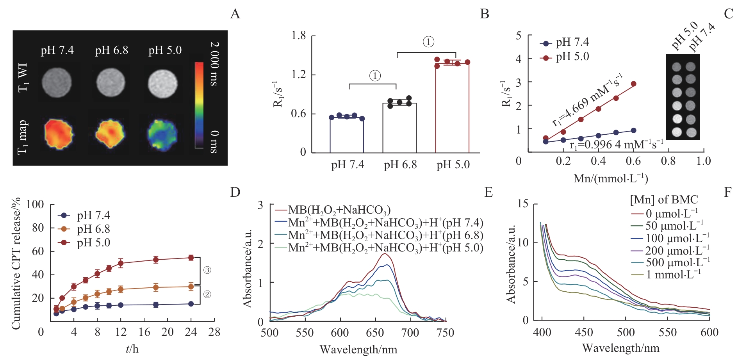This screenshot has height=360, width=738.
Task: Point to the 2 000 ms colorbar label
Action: pos(214,63)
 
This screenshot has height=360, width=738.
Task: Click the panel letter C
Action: pos(729,14)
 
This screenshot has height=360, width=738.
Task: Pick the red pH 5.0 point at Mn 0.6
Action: pos(633,84)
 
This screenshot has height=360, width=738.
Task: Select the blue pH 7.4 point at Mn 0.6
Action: pos(633,130)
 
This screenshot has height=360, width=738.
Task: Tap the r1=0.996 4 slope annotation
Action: pos(616,145)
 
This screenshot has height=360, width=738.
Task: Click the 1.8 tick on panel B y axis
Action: pos(299,36)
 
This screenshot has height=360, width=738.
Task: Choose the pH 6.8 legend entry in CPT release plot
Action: pos(93,229)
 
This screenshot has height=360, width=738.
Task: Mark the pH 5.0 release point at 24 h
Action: pos(191,258)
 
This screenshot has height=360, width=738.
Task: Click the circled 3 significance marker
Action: pos(207,270)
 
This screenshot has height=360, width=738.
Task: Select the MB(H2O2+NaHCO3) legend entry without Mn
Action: pos(339,210)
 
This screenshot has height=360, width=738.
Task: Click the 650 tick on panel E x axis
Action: pos(375,333)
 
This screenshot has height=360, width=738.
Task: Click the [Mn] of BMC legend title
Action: pos(664,200)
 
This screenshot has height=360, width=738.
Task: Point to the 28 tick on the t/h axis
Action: pos(214,332)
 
